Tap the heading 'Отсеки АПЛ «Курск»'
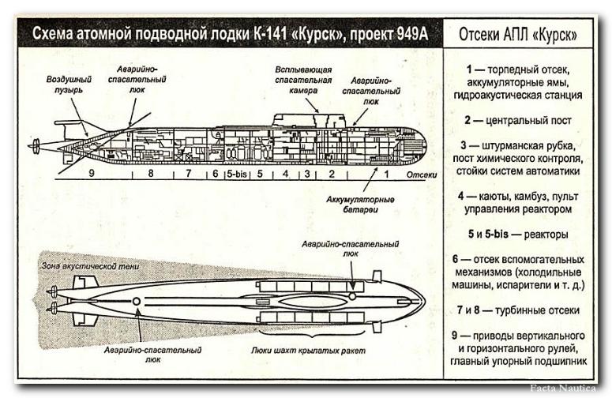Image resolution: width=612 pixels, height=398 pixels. coord(517,36)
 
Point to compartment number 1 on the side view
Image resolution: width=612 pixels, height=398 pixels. coord(386,174)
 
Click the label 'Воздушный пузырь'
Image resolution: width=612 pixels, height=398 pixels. coord(69,84)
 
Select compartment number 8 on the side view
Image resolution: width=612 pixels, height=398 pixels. coord(150,174)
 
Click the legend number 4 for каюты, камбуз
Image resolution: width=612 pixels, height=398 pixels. coord(460,196)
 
